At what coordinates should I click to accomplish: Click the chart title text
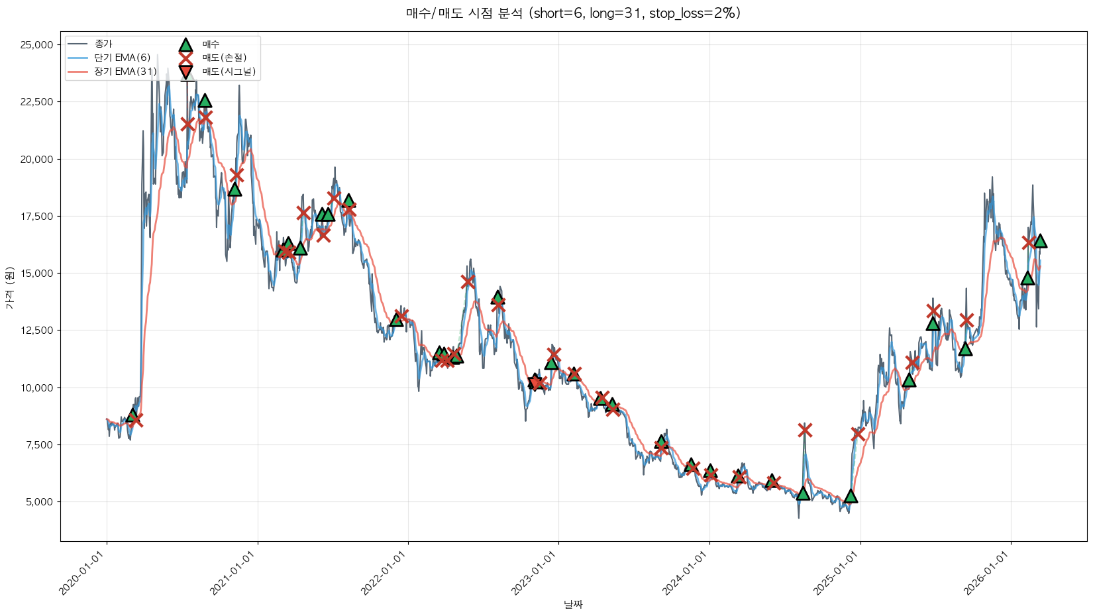pos(573,13)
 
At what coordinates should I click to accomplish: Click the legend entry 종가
pos(103,44)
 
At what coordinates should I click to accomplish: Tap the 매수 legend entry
pos(211,44)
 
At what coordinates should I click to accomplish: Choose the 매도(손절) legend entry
pos(224,58)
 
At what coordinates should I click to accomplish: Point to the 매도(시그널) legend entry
pos(229,72)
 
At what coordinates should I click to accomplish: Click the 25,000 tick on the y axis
pos(37,45)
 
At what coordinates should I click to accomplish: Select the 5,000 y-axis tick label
pos(40,502)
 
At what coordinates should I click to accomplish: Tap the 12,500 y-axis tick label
pos(37,331)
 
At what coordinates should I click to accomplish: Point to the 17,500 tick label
pos(37,217)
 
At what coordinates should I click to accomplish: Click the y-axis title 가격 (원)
pos(9,288)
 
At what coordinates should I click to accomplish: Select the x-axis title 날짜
pos(573,604)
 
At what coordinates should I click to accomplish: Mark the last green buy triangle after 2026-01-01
pos(1040,241)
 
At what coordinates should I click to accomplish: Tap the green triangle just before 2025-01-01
pos(851,496)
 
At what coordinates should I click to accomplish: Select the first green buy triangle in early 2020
pos(132,415)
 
